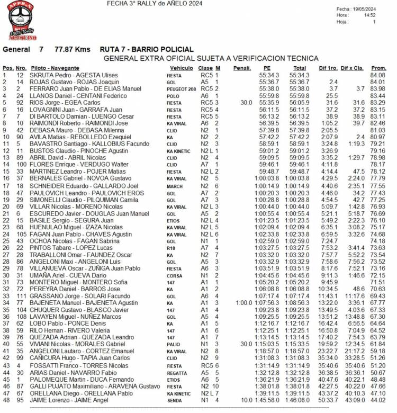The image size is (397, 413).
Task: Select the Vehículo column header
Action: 181,69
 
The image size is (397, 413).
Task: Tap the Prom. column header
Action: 378,69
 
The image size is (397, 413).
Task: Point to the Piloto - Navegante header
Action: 55,69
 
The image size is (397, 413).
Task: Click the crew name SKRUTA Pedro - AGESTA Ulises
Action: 74,76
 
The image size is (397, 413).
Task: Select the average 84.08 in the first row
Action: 378,76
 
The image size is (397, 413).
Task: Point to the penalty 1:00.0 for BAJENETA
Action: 244,302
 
